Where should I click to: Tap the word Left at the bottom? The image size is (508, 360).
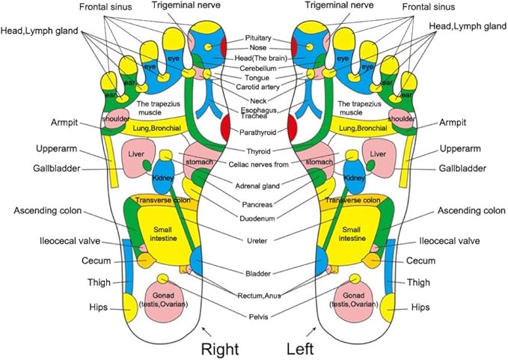pyautogui.click(x=303, y=347)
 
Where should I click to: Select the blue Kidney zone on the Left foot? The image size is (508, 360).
pyautogui.click(x=355, y=177)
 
